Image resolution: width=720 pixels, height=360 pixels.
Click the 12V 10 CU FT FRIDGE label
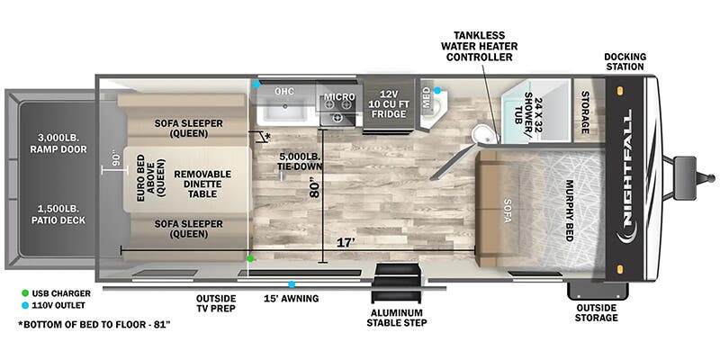(387, 103)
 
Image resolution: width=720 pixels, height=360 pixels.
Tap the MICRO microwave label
(339, 97)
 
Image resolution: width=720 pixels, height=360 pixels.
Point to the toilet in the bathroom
(484, 134)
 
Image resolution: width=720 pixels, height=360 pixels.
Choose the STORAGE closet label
(585, 112)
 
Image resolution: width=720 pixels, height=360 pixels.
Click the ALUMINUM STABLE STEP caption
(396, 316)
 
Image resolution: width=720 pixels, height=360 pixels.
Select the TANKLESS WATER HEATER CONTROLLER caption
(477, 45)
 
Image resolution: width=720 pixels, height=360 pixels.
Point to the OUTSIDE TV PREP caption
(216, 304)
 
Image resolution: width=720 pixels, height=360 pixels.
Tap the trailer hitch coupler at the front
(687, 168)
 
